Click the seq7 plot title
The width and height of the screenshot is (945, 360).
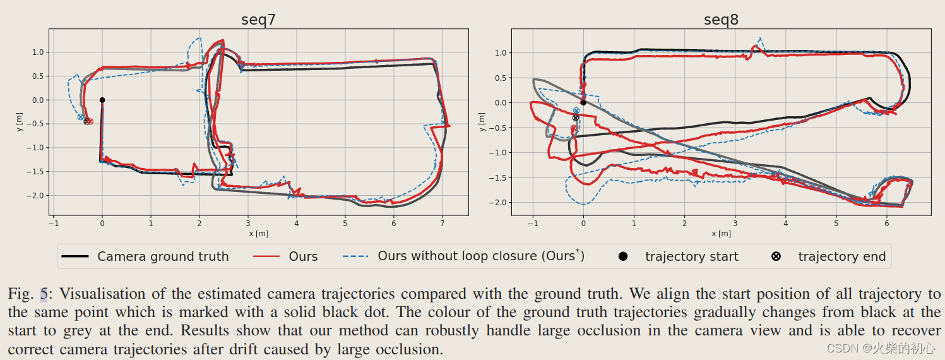258,20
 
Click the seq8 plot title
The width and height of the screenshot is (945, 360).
721,20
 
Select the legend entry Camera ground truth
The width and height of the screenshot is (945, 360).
162,256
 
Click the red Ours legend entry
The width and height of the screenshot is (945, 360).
303,256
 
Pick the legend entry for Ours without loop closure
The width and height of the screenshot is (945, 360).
480,256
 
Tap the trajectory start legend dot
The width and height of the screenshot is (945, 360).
623,256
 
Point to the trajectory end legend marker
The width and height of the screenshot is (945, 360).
776,256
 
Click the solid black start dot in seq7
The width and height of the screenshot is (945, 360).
102,100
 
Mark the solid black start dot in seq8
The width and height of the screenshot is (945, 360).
583,102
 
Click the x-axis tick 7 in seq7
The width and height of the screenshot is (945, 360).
443,223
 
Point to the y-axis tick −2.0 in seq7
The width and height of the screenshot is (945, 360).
37,196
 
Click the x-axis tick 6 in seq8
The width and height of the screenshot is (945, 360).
887,223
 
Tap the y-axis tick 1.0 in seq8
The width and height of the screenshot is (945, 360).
501,53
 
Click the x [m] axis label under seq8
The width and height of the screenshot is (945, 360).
721,233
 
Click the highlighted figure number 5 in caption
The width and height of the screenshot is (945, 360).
44,294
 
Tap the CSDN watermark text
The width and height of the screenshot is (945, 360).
881,348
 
